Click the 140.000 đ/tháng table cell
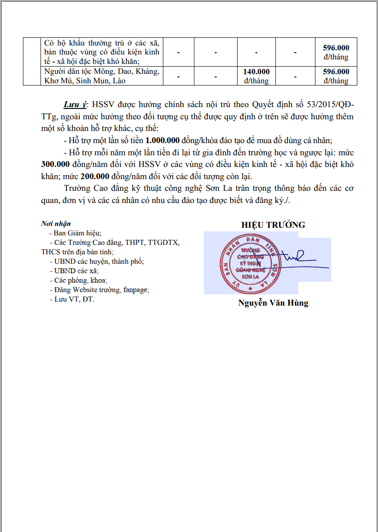[256, 76]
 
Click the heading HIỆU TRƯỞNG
[273, 225]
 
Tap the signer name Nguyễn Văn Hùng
[273, 303]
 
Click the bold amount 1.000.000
[162, 140]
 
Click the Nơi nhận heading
[56, 224]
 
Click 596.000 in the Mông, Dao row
[336, 76]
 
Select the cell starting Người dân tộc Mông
[101, 76]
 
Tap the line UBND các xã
[74, 271]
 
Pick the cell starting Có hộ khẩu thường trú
[101, 52]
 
